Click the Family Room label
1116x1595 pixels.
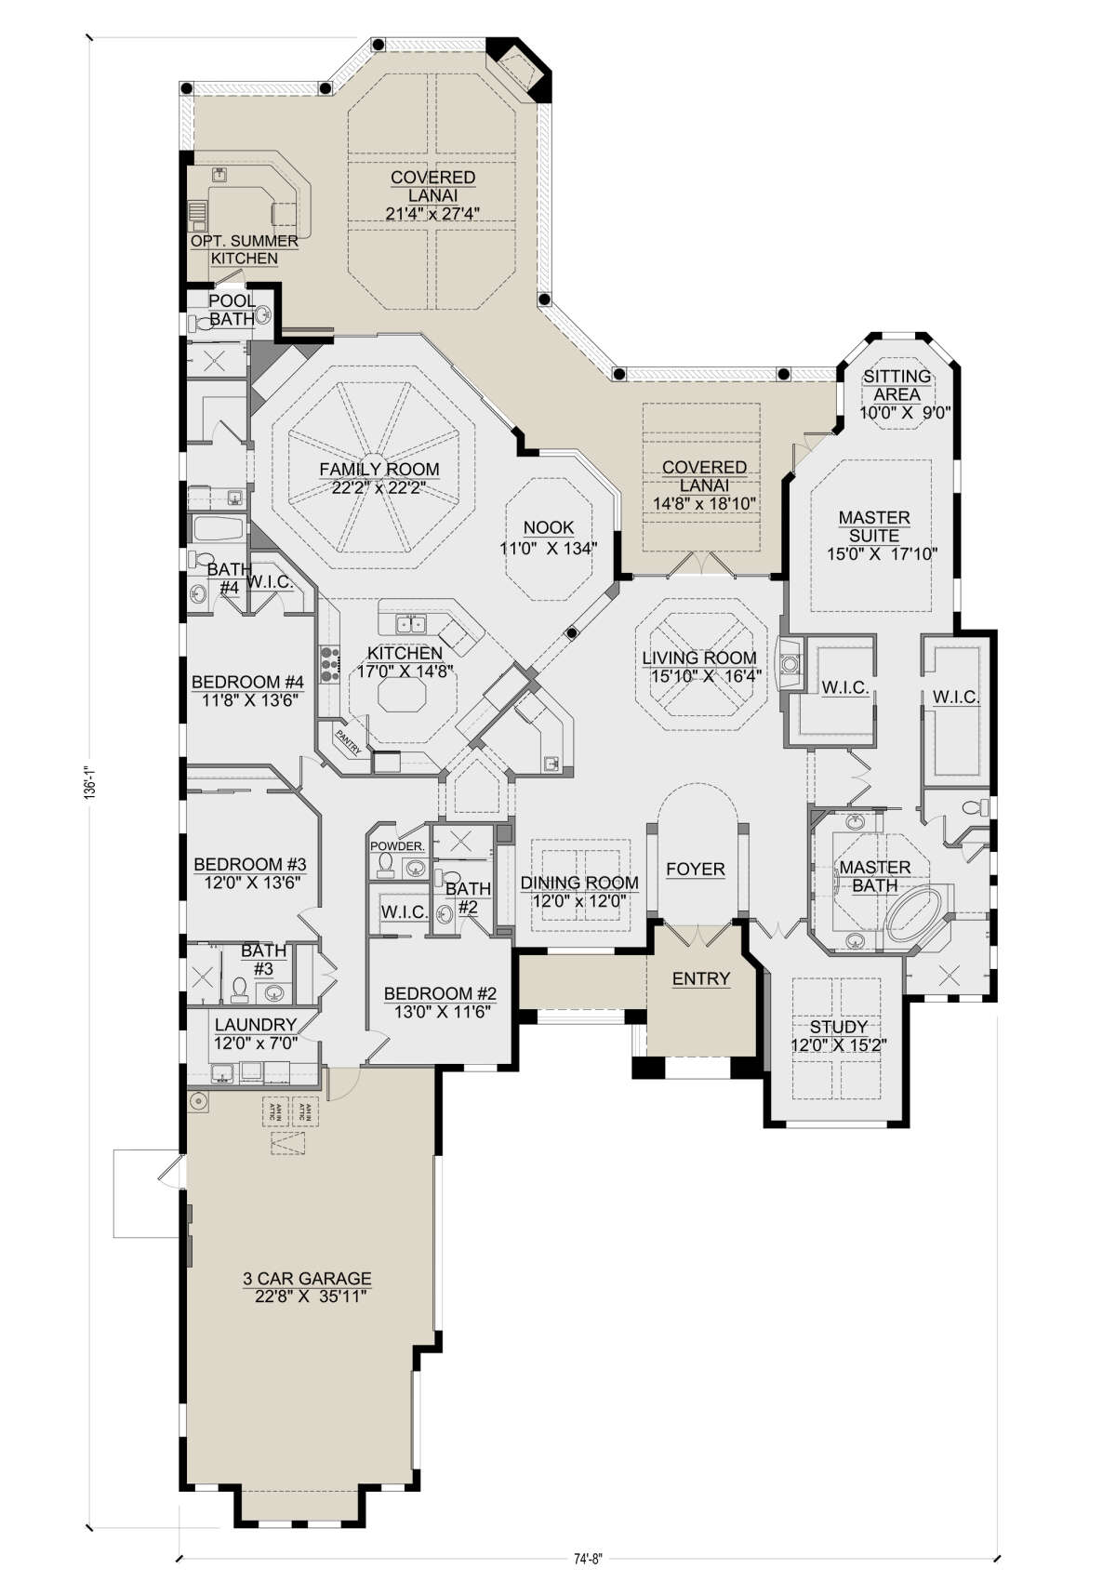(x=379, y=470)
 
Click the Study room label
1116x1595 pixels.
(x=839, y=1027)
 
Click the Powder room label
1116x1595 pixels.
(x=397, y=846)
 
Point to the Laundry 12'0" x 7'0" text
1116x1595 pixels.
(x=256, y=1043)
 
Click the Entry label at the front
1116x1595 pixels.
(x=701, y=978)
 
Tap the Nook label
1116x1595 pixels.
(x=549, y=527)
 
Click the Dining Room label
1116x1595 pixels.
(x=579, y=883)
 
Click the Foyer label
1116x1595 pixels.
(x=696, y=869)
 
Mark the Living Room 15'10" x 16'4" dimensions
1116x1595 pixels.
(x=699, y=676)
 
